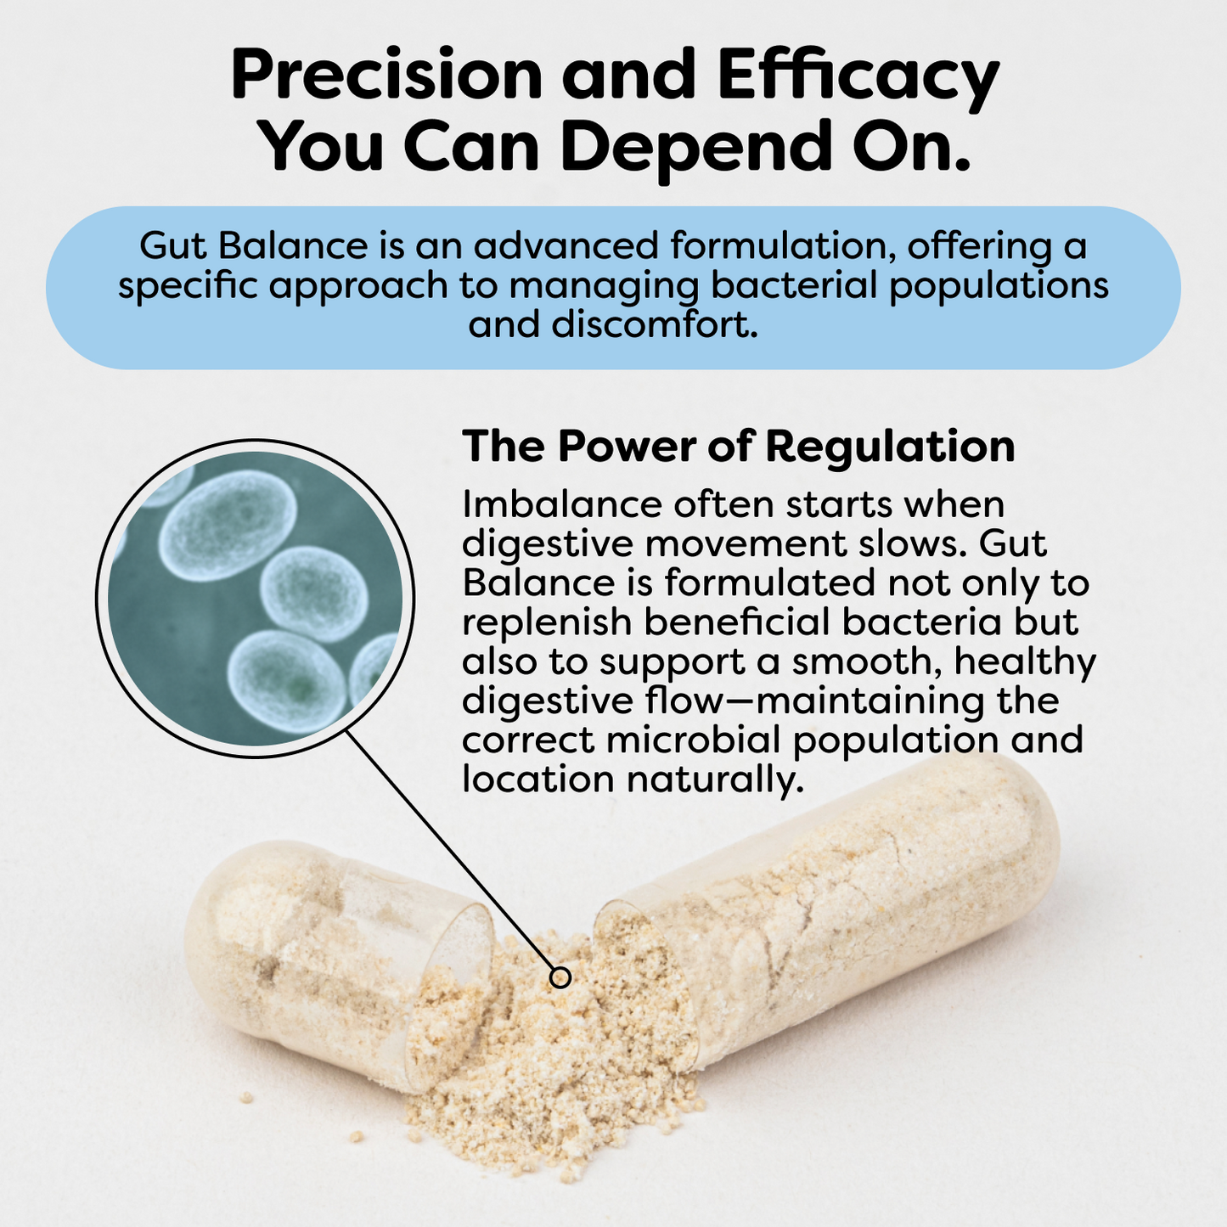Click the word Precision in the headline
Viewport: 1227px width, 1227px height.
[x=386, y=76]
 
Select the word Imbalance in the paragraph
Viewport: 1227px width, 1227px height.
[x=561, y=504]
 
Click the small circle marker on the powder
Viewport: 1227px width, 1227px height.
[x=560, y=977]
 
